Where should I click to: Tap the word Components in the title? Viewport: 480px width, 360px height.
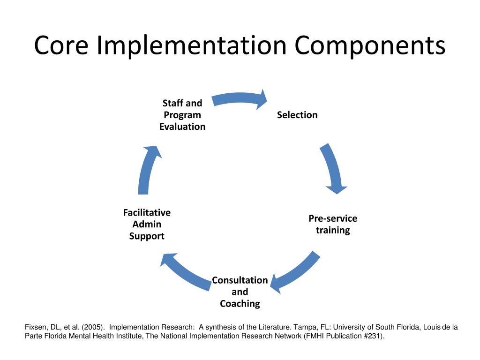[x=370, y=45]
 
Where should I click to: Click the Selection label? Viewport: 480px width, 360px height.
[x=297, y=115]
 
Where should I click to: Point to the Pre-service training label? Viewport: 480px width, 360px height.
[x=333, y=224]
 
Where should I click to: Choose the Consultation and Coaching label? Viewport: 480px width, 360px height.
[x=240, y=292]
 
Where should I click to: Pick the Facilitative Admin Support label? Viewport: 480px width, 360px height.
[x=147, y=224]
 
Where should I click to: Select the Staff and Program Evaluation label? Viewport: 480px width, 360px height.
[x=182, y=115]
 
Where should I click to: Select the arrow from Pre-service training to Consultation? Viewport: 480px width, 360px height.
[x=295, y=274]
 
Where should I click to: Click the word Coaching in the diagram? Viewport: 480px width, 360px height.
[x=240, y=304]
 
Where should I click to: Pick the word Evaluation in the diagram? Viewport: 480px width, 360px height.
[x=182, y=127]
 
